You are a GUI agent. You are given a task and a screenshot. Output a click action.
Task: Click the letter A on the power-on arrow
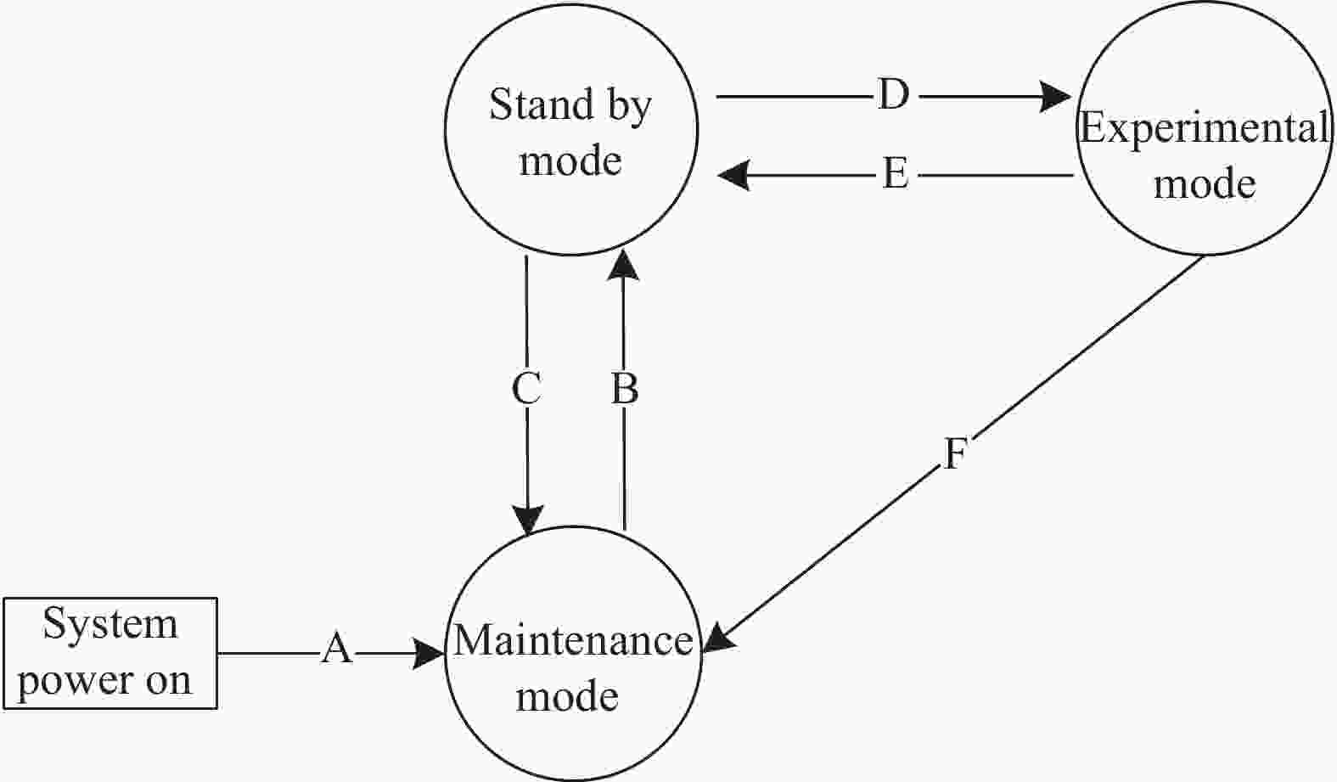(x=337, y=649)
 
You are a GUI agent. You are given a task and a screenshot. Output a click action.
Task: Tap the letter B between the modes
(x=625, y=389)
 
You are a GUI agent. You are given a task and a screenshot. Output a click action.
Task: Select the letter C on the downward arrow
(x=526, y=389)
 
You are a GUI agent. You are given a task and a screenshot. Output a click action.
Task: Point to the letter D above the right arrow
(x=894, y=94)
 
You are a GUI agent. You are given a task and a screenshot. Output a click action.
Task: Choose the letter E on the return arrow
(x=896, y=174)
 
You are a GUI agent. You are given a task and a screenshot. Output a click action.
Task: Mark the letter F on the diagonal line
(x=955, y=453)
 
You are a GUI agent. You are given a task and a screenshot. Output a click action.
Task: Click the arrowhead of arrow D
(x=1054, y=96)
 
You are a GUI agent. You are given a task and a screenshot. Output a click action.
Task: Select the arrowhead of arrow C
(x=528, y=520)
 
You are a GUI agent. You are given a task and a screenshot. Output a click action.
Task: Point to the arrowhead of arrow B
(x=623, y=265)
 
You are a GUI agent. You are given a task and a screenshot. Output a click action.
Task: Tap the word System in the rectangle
(x=110, y=624)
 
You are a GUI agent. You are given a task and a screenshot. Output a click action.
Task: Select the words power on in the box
(x=105, y=681)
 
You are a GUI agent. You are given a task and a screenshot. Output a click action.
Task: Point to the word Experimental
(x=1205, y=128)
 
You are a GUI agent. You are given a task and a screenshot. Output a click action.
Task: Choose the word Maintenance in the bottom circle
(x=574, y=640)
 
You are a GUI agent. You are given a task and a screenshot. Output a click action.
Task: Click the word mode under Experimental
(x=1205, y=184)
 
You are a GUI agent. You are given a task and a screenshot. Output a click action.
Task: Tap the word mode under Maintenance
(x=567, y=696)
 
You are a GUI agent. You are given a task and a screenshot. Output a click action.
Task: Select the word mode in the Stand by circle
(x=570, y=160)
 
